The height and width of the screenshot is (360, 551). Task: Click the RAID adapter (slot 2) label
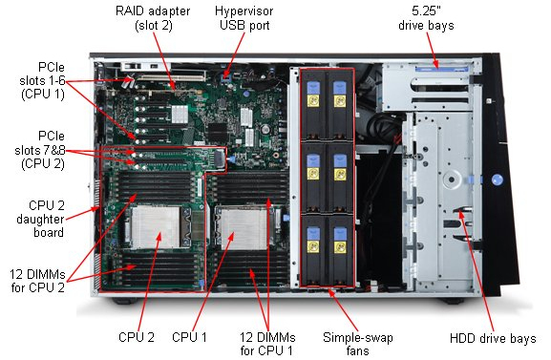[153, 18]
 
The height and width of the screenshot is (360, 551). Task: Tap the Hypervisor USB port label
[244, 18]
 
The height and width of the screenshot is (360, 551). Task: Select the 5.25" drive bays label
[426, 18]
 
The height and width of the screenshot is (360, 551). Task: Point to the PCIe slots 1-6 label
[43, 80]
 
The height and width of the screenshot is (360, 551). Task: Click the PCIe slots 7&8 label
[40, 150]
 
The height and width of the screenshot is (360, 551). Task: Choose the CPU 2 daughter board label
[40, 219]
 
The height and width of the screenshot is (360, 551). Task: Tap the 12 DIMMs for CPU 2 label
[37, 281]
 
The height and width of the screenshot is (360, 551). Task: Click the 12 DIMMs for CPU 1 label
[267, 344]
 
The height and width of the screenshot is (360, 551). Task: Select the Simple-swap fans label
[358, 344]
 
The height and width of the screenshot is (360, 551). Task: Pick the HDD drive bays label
[493, 338]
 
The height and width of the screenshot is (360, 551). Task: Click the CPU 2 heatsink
[156, 226]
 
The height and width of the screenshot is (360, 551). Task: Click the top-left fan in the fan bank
[313, 105]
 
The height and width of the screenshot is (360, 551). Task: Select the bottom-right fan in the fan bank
[340, 250]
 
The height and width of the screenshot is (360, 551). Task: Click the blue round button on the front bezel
[498, 180]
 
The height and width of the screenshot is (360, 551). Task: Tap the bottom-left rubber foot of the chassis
[125, 301]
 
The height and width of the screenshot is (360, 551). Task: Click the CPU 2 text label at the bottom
[137, 337]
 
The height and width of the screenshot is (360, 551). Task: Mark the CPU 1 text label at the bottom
[189, 337]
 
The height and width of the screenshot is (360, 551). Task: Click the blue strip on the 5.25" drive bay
[442, 69]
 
